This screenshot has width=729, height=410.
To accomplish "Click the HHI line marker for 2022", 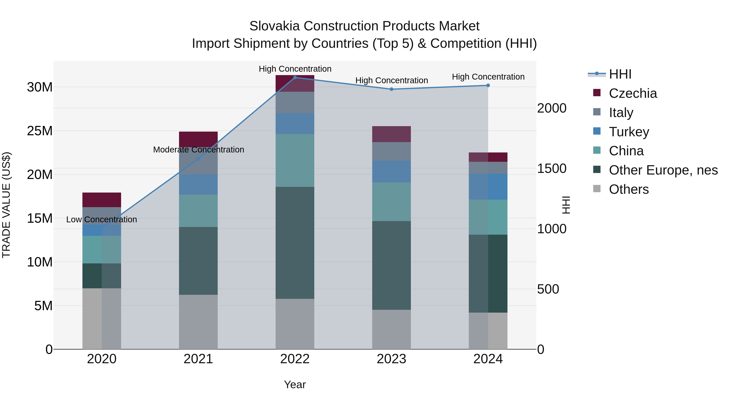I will tap(295, 78).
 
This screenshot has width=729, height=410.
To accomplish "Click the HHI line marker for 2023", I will tap(391, 89).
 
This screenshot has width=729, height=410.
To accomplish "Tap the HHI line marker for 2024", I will tap(488, 85).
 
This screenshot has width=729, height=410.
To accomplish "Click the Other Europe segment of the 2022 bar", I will tap(295, 243).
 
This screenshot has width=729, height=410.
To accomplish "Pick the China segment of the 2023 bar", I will tap(391, 201).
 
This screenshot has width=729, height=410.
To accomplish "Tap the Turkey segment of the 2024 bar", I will tap(488, 186).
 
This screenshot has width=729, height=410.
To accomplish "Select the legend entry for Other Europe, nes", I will tap(663, 170).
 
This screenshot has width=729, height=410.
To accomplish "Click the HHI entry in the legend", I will tap(620, 74).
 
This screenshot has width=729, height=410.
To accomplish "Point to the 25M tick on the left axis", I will tap(40, 131).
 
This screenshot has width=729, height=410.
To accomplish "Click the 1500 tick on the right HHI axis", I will tap(552, 169).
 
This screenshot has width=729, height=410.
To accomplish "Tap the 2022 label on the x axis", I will tap(295, 359).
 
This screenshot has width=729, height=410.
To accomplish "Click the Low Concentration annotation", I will tap(102, 219).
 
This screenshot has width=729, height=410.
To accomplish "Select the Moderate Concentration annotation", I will tap(198, 150).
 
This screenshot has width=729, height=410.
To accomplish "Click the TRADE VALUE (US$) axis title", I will tap(6, 205).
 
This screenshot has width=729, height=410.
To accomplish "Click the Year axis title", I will tap(295, 384).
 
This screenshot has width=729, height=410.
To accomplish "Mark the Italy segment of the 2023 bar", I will tap(391, 151).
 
